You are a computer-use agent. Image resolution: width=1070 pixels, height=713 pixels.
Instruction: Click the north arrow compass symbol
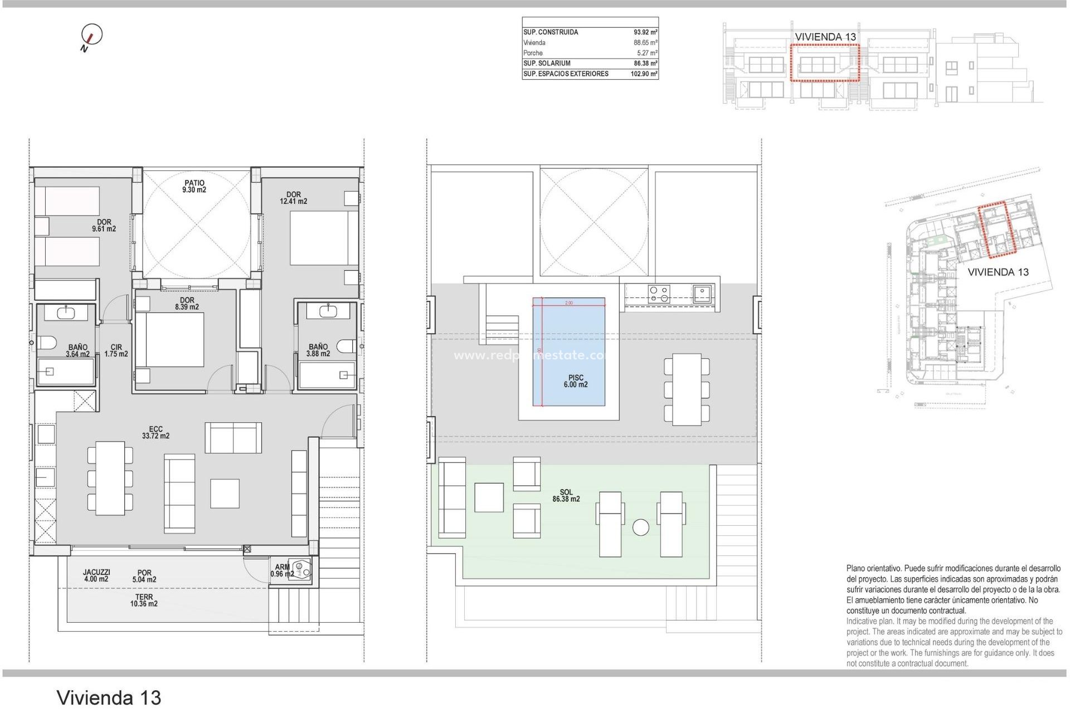pos(91,35)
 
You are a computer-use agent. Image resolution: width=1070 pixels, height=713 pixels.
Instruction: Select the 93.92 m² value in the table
pos(645,32)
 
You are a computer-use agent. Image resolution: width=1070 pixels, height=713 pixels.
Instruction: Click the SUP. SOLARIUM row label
pos(547,64)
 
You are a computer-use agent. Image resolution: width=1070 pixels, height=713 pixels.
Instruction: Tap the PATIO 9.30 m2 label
pos(194,186)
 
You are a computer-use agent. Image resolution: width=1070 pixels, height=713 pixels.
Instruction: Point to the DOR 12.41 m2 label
pos(293,198)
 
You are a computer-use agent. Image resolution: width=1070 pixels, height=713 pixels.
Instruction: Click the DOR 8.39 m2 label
pos(187,304)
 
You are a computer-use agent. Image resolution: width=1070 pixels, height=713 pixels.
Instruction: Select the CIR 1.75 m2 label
pos(116,350)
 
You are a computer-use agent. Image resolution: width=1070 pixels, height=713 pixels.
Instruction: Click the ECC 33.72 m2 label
pos(155,432)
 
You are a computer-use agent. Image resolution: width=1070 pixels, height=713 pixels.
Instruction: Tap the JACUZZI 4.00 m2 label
pos(96,575)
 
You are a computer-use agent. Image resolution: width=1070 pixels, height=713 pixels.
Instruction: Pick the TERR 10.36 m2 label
pos(144,600)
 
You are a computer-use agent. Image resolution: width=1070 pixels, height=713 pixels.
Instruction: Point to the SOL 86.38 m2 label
pos(566,495)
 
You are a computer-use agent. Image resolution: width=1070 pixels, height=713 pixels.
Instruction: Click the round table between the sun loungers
pos(641,528)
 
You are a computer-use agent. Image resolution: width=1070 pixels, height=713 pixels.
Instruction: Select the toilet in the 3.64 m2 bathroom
pos(46,343)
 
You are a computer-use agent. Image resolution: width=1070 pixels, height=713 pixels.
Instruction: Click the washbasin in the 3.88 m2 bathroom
pos(328,310)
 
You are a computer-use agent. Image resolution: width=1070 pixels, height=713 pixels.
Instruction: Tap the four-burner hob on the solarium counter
pos(659,294)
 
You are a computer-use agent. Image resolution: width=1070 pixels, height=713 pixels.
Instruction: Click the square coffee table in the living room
pos(225,493)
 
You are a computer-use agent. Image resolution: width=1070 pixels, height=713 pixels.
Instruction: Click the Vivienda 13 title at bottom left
pos(109,697)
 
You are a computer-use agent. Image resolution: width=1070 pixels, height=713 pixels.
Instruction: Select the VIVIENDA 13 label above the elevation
pos(825,37)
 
